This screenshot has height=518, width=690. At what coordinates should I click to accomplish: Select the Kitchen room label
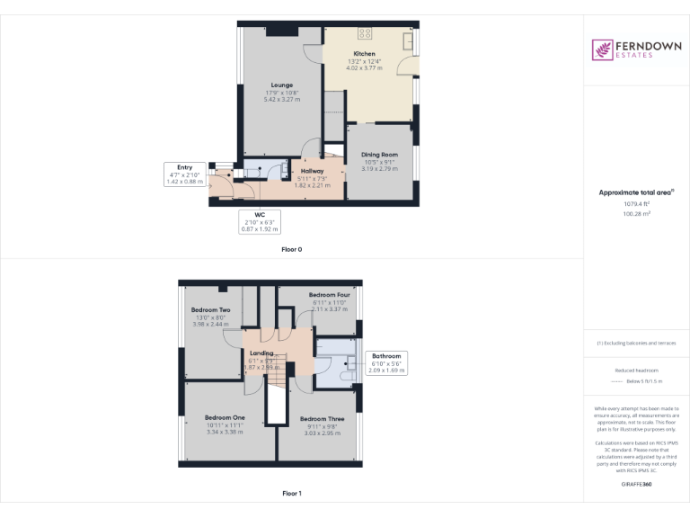[364, 54]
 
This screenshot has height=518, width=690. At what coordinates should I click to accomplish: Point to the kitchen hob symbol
[366, 33]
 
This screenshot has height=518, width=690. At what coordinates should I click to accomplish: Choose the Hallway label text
[313, 171]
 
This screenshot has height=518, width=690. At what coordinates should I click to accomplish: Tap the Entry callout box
[184, 174]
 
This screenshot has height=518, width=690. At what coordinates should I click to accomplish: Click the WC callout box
[259, 222]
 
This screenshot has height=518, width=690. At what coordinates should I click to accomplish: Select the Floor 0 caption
[291, 249]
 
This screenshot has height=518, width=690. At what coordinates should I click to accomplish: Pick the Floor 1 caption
[291, 494]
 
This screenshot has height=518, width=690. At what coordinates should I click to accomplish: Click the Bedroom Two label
[210, 310]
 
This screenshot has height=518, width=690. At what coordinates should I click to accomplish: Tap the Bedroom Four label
[330, 295]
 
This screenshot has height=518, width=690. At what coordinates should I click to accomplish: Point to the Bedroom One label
[225, 417]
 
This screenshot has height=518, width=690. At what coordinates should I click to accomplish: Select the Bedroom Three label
[321, 419]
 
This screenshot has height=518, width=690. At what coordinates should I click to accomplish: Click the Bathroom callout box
[386, 362]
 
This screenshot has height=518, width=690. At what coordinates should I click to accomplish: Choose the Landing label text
[261, 353]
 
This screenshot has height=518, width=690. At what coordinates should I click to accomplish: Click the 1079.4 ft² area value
[636, 203]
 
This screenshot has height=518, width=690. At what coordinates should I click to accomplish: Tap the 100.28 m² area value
[636, 214]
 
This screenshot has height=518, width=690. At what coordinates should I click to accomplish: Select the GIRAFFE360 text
[636, 485]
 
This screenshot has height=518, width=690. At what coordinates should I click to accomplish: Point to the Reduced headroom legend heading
[636, 370]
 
